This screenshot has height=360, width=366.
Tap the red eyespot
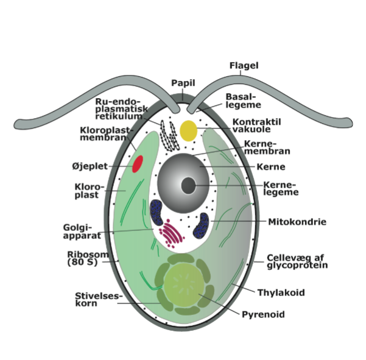coord(138,164)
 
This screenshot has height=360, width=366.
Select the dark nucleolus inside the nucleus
coord(188,185)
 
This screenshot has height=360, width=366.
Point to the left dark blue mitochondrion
coord(157,212)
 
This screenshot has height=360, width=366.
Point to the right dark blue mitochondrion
coord(202,226)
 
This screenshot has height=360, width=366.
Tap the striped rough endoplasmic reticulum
coord(168,133)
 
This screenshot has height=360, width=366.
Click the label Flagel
coord(244,66)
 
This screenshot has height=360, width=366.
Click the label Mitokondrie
coord(297,222)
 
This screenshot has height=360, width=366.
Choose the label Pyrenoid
coord(263,314)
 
